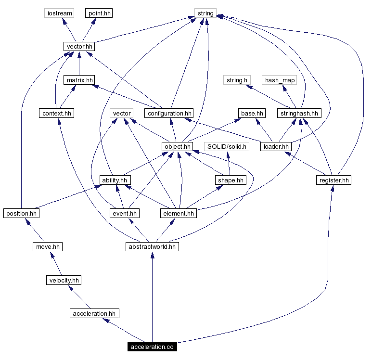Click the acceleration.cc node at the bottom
pos(152,347)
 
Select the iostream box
pos(59,13)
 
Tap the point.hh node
pos(99,13)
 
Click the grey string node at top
pos(205,13)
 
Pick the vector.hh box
pos(79,47)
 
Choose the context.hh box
pos(57,114)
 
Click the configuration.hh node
pos(169,114)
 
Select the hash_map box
pos(280,80)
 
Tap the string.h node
pos(237,80)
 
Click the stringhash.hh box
pos(299,114)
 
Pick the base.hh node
pos(252,114)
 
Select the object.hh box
pos(178,147)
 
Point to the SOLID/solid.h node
pos(227,147)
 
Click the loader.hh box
pos(276,147)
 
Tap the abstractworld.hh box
pos(152,246)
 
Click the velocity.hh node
pos(64,280)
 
